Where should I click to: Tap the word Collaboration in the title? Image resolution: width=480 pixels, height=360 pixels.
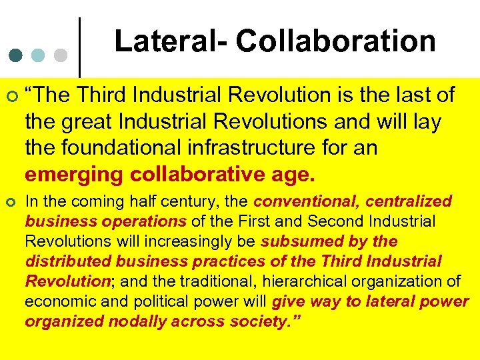pyautogui.click(x=335, y=41)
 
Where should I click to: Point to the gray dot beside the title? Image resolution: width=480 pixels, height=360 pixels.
pyautogui.click(x=61, y=54)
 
